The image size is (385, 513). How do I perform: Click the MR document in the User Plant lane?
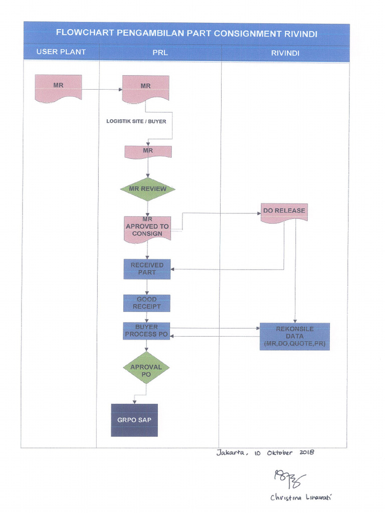[58, 88]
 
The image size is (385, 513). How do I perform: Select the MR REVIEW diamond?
[147, 189]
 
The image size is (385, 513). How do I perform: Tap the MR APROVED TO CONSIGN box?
[147, 228]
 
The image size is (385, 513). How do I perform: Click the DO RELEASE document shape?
[284, 211]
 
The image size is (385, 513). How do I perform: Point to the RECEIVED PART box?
[147, 269]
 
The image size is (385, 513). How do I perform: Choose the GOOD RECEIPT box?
[147, 303]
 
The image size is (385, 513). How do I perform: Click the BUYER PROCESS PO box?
[146, 331]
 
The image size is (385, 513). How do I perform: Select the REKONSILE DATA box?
[294, 337]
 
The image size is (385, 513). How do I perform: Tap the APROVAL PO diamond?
[146, 370]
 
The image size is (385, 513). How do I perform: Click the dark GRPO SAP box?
[134, 420]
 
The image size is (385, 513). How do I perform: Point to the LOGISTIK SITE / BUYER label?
[136, 121]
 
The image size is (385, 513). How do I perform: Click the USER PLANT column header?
[61, 52]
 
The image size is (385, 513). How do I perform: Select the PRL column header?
[160, 53]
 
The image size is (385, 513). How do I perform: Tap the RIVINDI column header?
[285, 53]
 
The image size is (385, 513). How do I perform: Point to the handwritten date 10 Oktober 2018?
[284, 452]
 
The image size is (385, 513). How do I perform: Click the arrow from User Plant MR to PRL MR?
[102, 90]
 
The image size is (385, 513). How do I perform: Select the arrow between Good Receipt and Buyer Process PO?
[147, 317]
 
